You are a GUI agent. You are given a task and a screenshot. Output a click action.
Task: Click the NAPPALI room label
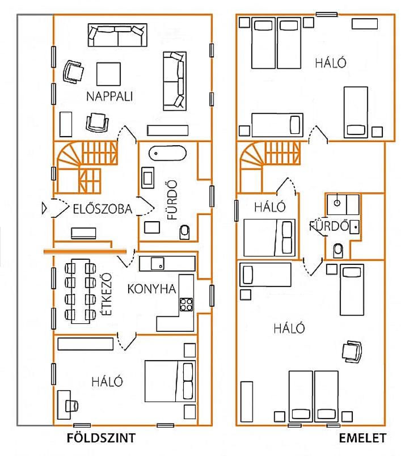[x=109, y=96]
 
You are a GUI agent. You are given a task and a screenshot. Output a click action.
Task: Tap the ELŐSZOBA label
[x=102, y=209]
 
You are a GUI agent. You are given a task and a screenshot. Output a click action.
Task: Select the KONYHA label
[x=152, y=289]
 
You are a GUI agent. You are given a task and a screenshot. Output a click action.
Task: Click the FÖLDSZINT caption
[x=101, y=438]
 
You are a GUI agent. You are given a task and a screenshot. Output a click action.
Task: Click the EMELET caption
[x=362, y=438]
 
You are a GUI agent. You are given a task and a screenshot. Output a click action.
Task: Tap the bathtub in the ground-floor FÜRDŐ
[x=167, y=153]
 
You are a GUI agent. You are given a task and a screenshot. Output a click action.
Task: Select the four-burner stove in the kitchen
[x=186, y=305]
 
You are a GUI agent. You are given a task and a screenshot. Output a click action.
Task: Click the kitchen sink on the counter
[x=157, y=264]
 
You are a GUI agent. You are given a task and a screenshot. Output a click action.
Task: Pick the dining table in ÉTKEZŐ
[x=81, y=291]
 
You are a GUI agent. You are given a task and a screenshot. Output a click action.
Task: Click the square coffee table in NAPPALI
[x=108, y=74]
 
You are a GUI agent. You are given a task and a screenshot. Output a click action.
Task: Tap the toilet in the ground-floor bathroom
[x=185, y=232]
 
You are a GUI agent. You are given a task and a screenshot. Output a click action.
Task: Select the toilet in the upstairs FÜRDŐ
[x=338, y=251]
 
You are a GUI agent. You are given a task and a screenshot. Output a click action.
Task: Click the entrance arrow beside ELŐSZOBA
[x=44, y=208]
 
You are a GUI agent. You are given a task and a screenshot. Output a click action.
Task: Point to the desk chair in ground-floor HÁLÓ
[x=72, y=406]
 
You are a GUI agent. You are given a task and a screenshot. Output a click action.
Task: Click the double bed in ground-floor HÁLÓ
[x=170, y=381]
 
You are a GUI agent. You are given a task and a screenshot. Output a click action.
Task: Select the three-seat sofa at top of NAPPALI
[x=117, y=35]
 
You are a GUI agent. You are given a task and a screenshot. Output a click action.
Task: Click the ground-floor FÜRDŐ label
[x=172, y=200]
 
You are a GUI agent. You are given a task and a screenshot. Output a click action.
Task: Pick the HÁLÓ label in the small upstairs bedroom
[x=270, y=207]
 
